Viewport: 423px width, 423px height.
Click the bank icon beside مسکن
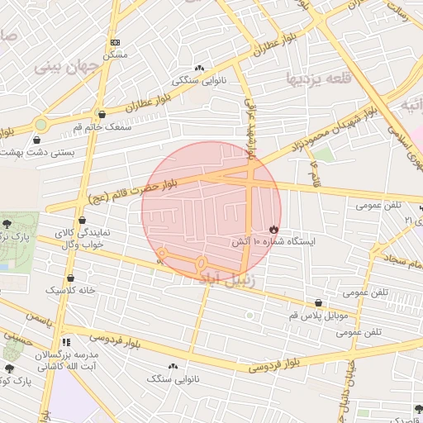point(115,42)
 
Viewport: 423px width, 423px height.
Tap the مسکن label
point(115,55)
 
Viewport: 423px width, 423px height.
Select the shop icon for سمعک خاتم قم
point(102,115)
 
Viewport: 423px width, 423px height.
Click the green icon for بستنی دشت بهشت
point(40,125)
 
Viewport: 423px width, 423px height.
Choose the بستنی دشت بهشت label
point(36,152)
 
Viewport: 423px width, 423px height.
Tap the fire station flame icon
point(273,229)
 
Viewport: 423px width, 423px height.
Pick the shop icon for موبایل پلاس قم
point(319,303)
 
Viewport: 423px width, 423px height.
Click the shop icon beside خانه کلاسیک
point(70,278)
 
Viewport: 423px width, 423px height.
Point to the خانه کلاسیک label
point(69,291)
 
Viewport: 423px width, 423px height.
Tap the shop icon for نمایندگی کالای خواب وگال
point(82,221)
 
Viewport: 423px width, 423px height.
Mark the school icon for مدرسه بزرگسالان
point(66,342)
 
